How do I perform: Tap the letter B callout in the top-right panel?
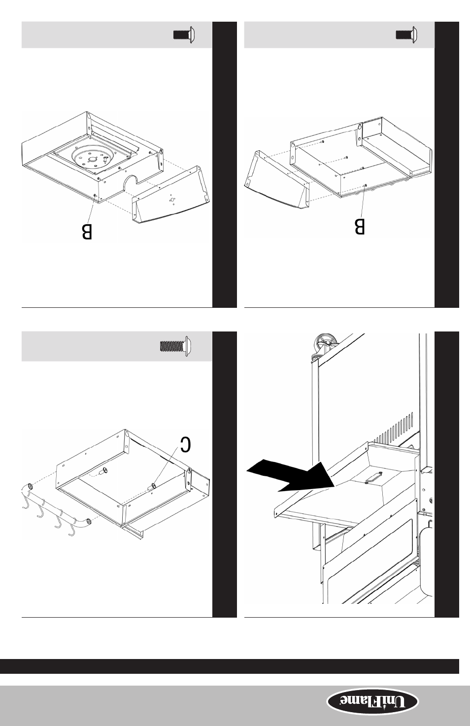tap(359, 227)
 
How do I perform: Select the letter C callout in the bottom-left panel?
tap(185, 444)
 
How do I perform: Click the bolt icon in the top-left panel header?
tap(184, 34)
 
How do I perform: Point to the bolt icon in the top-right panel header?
tap(406, 34)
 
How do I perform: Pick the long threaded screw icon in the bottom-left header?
tap(175, 346)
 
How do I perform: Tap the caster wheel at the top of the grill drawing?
tap(326, 344)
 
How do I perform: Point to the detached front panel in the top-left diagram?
tap(170, 195)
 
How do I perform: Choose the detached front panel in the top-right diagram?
tap(277, 180)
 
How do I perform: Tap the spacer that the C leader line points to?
tap(151, 487)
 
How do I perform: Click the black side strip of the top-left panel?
tap(224, 165)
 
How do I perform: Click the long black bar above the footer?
tap(230, 666)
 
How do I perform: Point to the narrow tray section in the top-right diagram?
tap(397, 149)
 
